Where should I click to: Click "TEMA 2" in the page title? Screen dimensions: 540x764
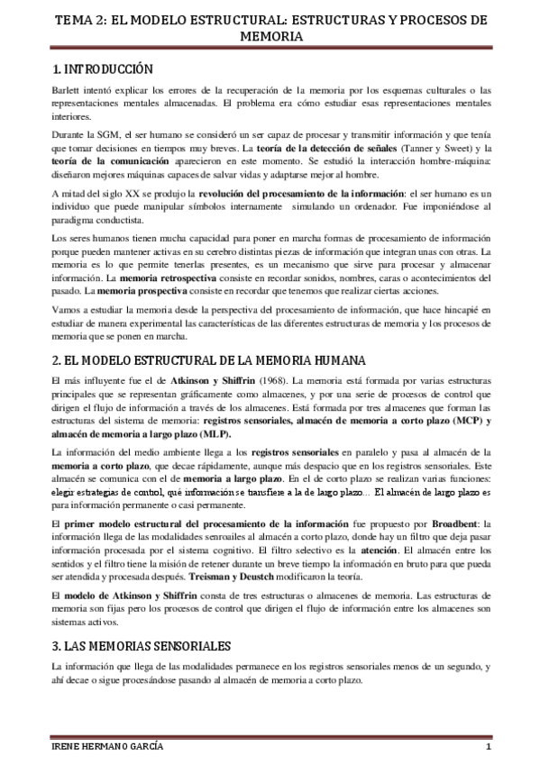(x=77, y=18)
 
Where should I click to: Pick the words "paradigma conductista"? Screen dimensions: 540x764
(x=97, y=220)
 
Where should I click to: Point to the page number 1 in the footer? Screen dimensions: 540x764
(x=486, y=748)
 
